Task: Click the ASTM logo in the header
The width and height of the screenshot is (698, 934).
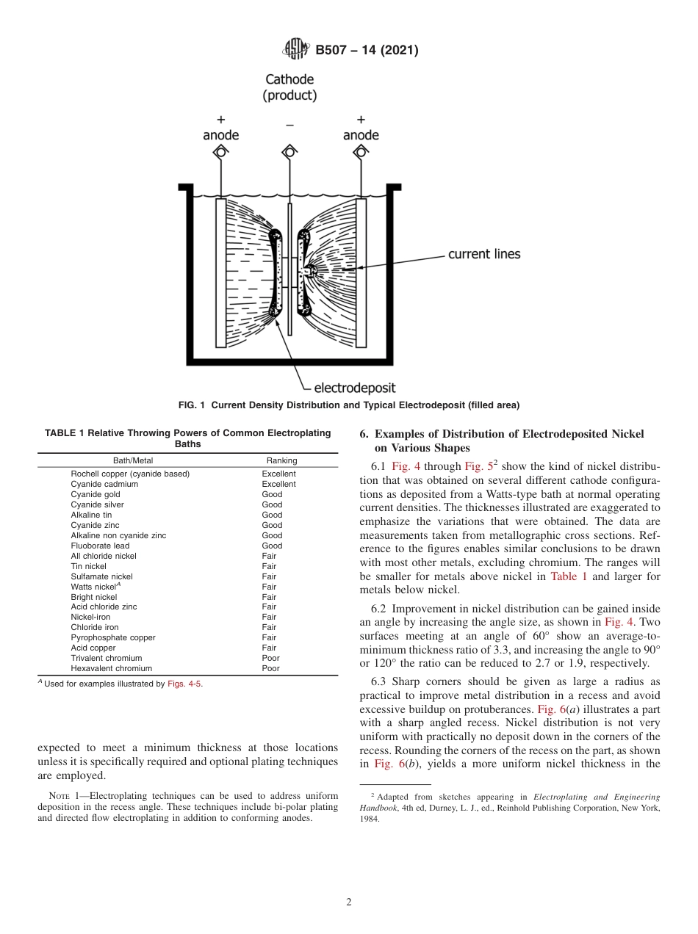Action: [x=296, y=50]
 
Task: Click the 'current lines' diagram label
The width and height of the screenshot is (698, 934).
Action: [x=483, y=254]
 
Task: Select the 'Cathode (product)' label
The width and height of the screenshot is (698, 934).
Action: [x=289, y=87]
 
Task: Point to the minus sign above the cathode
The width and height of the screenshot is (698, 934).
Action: [x=289, y=126]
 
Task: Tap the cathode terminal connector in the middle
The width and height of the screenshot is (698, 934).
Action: [x=289, y=152]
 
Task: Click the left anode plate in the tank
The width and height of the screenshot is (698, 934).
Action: [x=220, y=272]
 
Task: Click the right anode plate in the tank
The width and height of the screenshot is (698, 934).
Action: [x=361, y=272]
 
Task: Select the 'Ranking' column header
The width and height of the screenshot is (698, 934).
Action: [x=281, y=460]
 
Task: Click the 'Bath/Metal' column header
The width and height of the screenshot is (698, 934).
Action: [x=133, y=460]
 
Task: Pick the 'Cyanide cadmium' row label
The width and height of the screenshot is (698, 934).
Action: [x=102, y=484]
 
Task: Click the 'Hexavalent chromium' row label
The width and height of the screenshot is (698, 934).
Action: [x=111, y=668]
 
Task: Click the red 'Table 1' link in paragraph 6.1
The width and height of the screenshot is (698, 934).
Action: [x=569, y=576]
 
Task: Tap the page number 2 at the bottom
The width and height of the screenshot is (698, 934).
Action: [x=349, y=902]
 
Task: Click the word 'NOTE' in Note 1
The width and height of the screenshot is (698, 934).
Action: [x=60, y=796]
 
